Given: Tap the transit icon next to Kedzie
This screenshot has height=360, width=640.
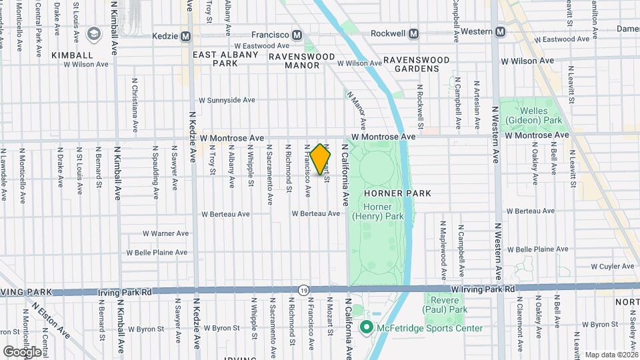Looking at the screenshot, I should point(185,35).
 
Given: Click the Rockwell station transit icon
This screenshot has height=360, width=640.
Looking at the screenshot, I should point(414,33).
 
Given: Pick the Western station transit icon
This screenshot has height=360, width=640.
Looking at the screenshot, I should point(500,31).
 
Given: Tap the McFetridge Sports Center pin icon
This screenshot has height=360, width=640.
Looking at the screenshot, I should point(365,328).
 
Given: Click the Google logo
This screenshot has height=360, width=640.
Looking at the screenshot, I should point(21,351).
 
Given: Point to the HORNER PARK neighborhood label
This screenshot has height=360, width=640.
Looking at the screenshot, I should point(397,193).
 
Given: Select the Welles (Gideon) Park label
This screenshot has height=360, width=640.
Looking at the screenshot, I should point(533,116).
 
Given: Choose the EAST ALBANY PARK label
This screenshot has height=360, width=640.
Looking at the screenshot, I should point(225,59).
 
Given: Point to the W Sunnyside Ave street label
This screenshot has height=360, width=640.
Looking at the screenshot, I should point(227,100).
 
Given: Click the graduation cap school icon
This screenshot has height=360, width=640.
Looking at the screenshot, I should point(93,33).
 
